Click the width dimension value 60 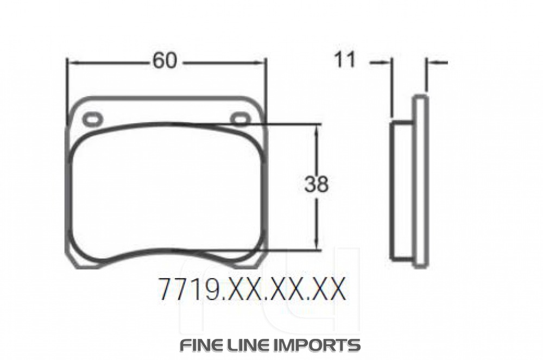[165, 61]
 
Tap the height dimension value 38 [316, 185]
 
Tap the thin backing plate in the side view [421, 182]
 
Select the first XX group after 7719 [244, 290]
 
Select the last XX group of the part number [328, 290]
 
